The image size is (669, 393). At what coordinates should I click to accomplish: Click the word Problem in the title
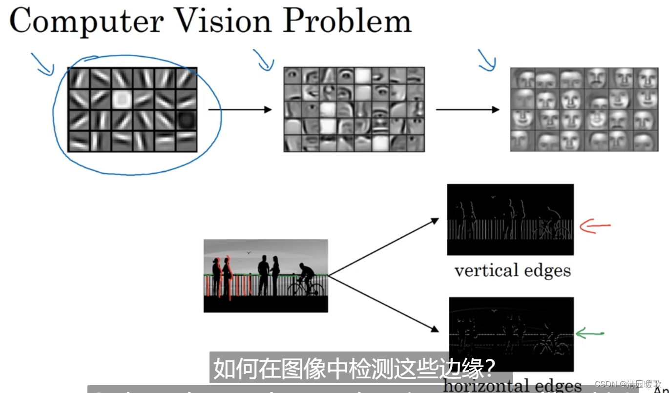click(x=347, y=21)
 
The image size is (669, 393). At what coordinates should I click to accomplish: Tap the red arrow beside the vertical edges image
click(x=595, y=226)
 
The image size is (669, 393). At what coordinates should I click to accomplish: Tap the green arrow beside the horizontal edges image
click(x=590, y=334)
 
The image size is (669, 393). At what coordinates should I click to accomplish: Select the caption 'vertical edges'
click(x=512, y=270)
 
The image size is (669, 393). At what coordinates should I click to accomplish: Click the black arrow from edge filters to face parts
click(x=239, y=110)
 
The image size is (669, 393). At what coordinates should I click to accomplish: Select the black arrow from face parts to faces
click(x=467, y=110)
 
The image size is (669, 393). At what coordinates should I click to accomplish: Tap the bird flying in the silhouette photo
click(x=249, y=252)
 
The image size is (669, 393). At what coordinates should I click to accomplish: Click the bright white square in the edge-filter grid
click(x=121, y=99)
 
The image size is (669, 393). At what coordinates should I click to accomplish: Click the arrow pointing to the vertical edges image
click(x=383, y=247)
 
